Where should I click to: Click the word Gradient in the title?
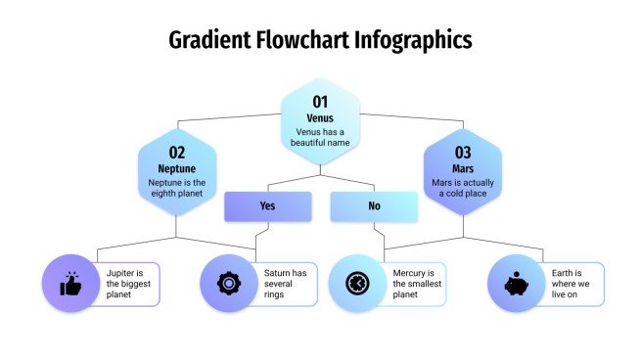pyautogui.click(x=208, y=40)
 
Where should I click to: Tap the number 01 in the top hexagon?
pyautogui.click(x=320, y=102)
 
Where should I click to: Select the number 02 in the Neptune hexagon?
pyautogui.click(x=177, y=152)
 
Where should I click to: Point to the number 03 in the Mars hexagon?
pyautogui.click(x=463, y=152)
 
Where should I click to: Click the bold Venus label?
pyautogui.click(x=320, y=118)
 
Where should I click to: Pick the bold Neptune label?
pyautogui.click(x=177, y=168)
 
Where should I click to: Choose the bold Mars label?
pyautogui.click(x=463, y=168)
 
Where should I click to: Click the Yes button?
pyautogui.click(x=267, y=206)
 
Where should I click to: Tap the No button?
pyautogui.click(x=374, y=206)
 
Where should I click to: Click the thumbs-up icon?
pyautogui.click(x=70, y=284)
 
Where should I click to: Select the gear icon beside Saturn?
pyautogui.click(x=229, y=284)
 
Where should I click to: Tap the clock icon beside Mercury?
pyautogui.click(x=357, y=284)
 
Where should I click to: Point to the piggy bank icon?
pyautogui.click(x=517, y=284)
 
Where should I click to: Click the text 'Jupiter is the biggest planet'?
pyautogui.click(x=128, y=284)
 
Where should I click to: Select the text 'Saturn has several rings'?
pyautogui.click(x=286, y=284)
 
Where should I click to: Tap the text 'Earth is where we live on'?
pyautogui.click(x=566, y=284)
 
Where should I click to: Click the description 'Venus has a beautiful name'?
pyautogui.click(x=320, y=137)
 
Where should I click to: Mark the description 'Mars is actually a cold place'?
pyautogui.click(x=463, y=188)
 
